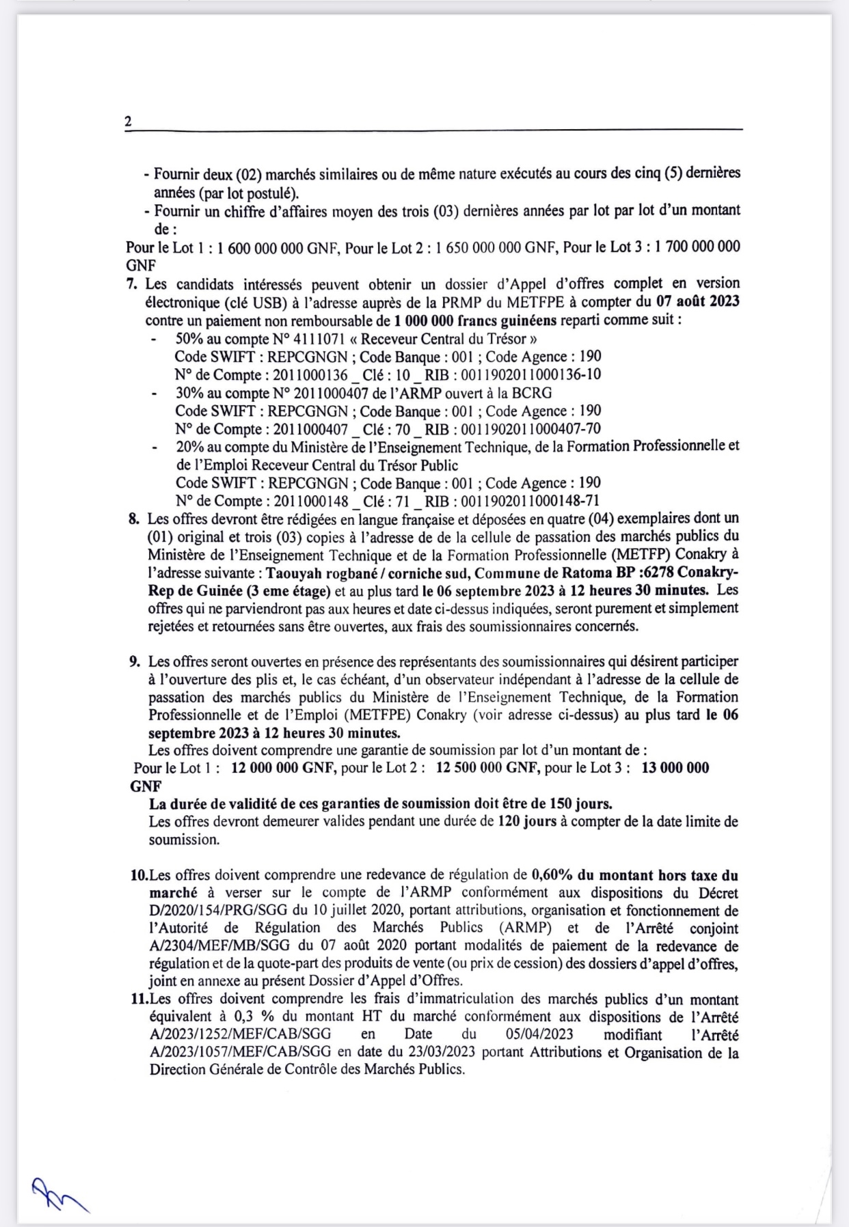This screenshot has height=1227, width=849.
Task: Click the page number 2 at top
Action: click(129, 122)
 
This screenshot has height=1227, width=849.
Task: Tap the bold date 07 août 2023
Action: click(697, 301)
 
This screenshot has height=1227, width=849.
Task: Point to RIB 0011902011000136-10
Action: click(531, 375)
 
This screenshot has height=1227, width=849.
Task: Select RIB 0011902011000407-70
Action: click(531, 430)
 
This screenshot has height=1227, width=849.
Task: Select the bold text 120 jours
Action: click(527, 822)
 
